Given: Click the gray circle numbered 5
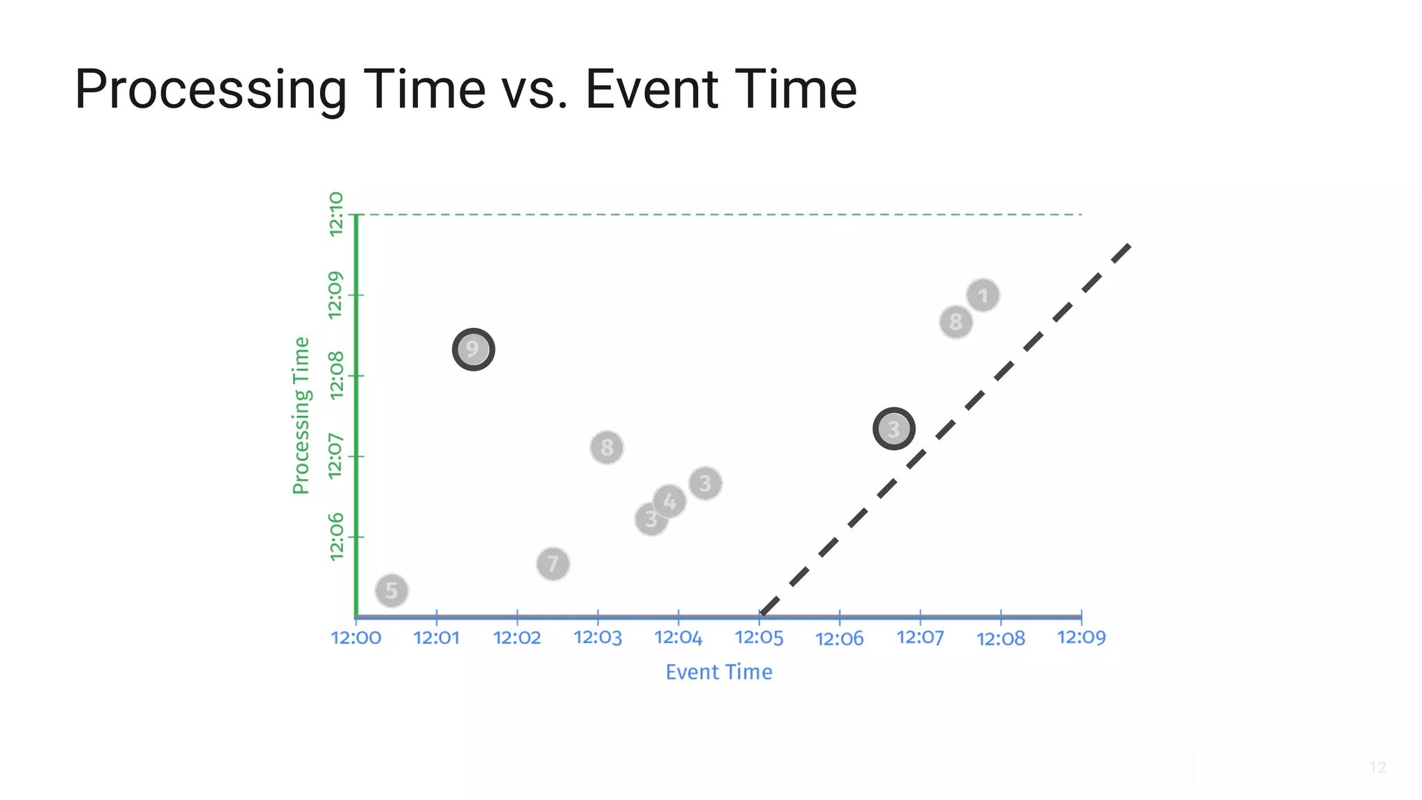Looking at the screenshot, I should pyautogui.click(x=392, y=591).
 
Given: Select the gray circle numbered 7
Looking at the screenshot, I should pyautogui.click(x=553, y=564).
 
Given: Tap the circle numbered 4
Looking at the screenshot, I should pyautogui.click(x=669, y=501).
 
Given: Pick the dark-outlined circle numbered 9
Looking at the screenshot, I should pyautogui.click(x=473, y=349).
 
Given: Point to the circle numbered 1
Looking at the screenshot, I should pyautogui.click(x=982, y=296).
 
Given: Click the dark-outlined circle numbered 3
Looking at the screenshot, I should pyautogui.click(x=894, y=429).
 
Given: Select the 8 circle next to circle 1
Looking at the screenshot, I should pyautogui.click(x=955, y=322).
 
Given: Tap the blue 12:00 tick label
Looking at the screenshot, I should pyautogui.click(x=355, y=637).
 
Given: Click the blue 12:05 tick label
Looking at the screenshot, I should pyautogui.click(x=759, y=637).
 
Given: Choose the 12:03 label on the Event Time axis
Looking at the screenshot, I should pyautogui.click(x=598, y=637).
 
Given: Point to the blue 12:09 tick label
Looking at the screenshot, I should pyautogui.click(x=1081, y=637).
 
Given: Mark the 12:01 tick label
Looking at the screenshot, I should pyautogui.click(x=436, y=637).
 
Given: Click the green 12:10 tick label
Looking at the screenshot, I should pyautogui.click(x=336, y=214).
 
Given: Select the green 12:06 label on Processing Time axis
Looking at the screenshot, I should pyautogui.click(x=336, y=536).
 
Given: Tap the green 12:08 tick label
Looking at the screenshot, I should pyautogui.click(x=336, y=375).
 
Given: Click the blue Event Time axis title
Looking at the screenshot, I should pyautogui.click(x=719, y=672).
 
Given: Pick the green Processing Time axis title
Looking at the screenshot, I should pyautogui.click(x=301, y=415).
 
